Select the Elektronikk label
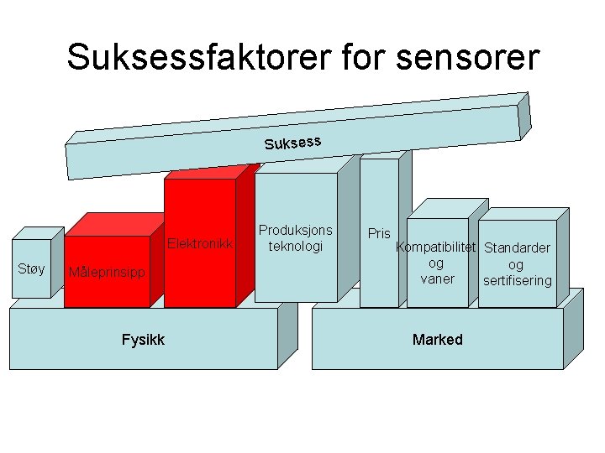click(x=200, y=244)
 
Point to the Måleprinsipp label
click(x=107, y=272)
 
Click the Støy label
click(x=31, y=268)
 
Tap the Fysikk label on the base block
click(x=143, y=339)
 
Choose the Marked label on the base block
click(x=437, y=339)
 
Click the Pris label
click(x=379, y=232)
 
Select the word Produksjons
click(x=296, y=230)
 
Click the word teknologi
click(x=296, y=246)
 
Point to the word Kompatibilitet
click(x=437, y=247)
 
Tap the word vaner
click(x=437, y=279)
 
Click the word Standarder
click(x=518, y=247)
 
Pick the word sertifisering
click(x=518, y=280)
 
